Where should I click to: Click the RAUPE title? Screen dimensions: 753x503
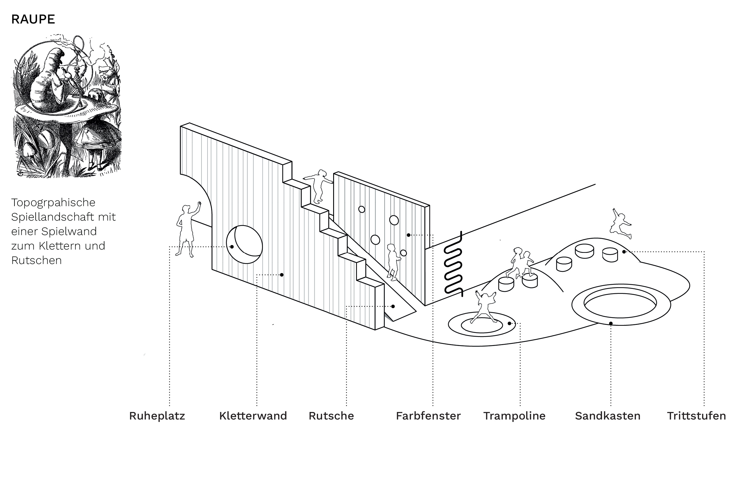[33, 19]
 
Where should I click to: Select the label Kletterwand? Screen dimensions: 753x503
[253, 416]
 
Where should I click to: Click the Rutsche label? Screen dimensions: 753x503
[331, 416]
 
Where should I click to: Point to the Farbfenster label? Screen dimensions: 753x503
[428, 416]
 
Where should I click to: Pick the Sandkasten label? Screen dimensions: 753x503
[608, 416]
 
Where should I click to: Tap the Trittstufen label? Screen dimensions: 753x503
[696, 416]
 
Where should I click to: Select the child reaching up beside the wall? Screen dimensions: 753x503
[188, 229]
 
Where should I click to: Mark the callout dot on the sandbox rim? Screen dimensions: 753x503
[611, 323]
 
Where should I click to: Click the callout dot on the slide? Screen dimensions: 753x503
[393, 307]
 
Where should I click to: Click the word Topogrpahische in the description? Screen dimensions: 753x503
[53, 203]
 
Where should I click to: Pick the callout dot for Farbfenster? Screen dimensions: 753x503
[408, 235]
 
